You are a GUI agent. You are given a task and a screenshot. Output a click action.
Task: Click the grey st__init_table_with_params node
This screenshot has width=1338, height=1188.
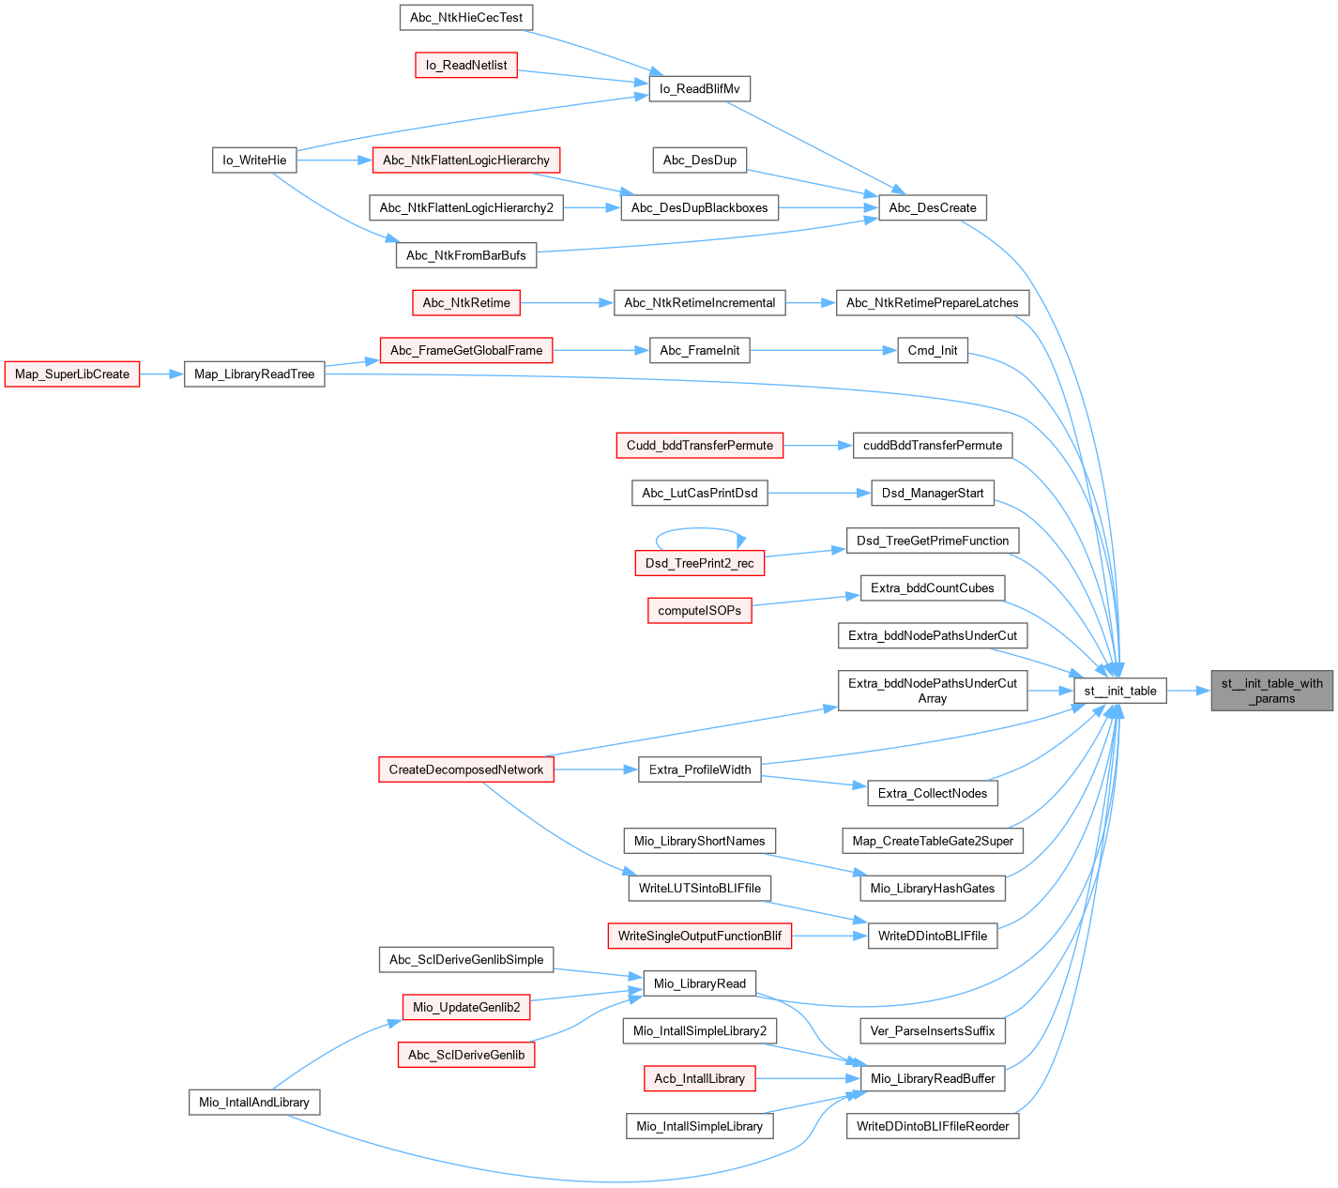coord(1271,691)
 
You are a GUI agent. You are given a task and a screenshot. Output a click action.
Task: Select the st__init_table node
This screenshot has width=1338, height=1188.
coord(1119,691)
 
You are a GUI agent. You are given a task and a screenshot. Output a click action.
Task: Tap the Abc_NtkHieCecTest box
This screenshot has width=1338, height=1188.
coord(465,18)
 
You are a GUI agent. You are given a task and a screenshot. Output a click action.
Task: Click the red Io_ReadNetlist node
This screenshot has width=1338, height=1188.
coord(465,65)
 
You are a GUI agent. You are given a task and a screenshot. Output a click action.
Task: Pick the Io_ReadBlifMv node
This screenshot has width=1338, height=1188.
coord(699,88)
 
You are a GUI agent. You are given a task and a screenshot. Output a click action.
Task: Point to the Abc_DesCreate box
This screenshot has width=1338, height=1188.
coord(932,207)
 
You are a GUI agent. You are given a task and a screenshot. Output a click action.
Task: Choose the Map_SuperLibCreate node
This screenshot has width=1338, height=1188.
coord(72,373)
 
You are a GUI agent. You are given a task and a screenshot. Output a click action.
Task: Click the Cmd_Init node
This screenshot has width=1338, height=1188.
coord(932,350)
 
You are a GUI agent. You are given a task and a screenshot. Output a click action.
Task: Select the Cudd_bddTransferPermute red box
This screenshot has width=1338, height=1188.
coord(699,445)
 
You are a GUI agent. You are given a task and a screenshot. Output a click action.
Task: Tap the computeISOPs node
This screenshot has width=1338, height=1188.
coord(699,610)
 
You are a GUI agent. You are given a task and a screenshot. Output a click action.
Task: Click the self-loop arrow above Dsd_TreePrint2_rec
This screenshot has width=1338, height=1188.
coord(699,529)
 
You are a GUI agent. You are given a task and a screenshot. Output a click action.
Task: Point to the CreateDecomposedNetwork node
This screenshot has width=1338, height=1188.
coord(465,769)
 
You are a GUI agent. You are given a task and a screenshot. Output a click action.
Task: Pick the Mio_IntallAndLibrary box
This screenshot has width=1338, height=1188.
coord(253,1102)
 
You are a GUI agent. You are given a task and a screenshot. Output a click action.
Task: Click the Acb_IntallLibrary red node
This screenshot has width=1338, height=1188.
coord(699,1078)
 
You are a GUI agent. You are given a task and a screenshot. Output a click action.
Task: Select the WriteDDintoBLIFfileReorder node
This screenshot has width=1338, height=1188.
coord(932,1126)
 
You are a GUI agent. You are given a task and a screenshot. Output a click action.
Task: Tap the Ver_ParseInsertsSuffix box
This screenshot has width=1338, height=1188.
coord(932,1030)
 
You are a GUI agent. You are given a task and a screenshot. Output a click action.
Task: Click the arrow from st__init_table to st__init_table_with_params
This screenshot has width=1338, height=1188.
coord(1189,691)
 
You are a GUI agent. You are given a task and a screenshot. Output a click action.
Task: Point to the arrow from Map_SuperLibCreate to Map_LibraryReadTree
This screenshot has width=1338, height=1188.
coord(161,373)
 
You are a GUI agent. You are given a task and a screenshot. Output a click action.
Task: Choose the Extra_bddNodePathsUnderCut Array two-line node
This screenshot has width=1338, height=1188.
coord(932,691)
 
